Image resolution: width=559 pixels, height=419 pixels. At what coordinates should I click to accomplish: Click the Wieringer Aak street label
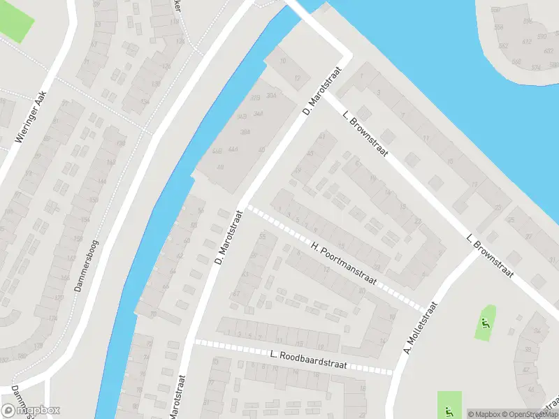click(x=31, y=117)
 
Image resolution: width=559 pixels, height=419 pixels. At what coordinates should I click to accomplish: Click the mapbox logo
click(x=31, y=410)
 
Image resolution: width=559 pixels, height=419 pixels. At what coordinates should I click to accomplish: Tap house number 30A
click(x=272, y=96)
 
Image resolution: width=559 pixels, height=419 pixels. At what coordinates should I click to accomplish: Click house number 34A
click(x=258, y=113)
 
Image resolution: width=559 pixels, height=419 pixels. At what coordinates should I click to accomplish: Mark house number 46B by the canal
click(x=216, y=151)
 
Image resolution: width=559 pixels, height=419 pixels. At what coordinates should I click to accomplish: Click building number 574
click(x=536, y=68)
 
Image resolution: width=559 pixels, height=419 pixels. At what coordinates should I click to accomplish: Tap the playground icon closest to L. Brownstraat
click(x=484, y=323)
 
